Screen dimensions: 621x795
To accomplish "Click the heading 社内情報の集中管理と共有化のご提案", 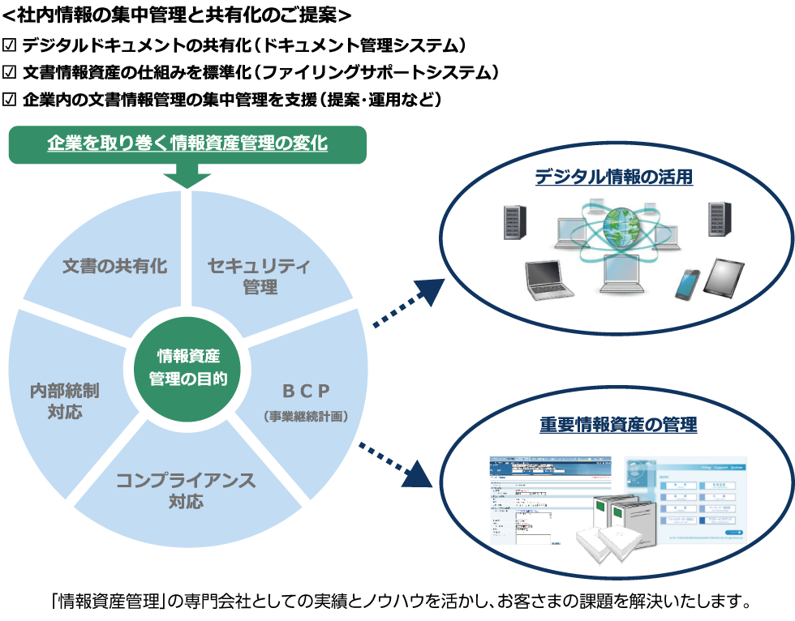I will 177,15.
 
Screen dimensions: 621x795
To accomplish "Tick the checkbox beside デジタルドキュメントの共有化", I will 10,45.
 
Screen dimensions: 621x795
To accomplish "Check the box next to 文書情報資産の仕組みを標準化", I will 10,72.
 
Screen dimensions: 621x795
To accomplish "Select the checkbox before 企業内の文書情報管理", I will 10,100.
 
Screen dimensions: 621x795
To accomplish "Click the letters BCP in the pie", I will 306,392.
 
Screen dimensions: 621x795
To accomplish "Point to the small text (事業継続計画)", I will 306,417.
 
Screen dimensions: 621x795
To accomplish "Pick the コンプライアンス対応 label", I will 186,490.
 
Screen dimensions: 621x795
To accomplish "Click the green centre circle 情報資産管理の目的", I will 187,367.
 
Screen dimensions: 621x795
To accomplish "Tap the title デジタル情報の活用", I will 613,177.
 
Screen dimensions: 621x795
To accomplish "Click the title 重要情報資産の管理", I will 618,424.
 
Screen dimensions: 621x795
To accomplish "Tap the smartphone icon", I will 686,284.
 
